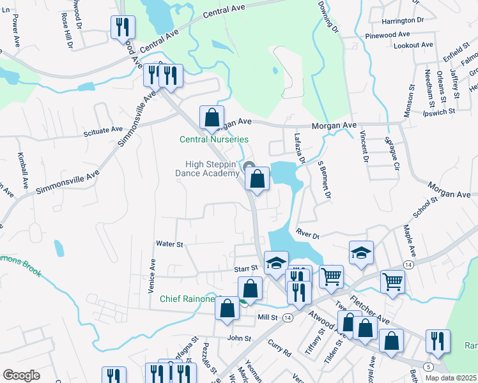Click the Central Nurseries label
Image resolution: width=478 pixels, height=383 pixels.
point(213,139)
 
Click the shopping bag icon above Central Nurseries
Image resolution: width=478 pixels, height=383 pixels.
point(212,117)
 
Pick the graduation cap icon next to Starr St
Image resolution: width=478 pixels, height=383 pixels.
point(276,263)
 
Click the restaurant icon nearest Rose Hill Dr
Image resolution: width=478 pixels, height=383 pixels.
point(122,28)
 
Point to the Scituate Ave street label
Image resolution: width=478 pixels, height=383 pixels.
point(103,130)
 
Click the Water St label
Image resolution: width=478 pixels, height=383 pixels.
point(170,244)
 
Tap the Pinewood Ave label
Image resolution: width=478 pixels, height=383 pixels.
point(387,34)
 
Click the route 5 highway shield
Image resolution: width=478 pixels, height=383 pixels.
point(428,368)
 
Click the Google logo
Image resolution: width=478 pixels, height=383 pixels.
point(22,375)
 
